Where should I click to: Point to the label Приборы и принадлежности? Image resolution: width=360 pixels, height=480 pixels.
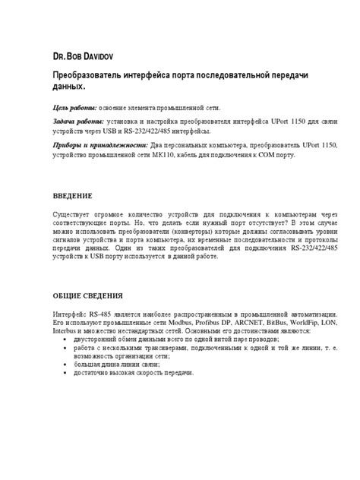pos(99,144)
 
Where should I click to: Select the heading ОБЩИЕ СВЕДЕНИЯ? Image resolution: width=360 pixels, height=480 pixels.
pos(90,295)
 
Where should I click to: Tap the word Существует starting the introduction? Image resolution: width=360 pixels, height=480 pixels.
pos(74,216)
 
